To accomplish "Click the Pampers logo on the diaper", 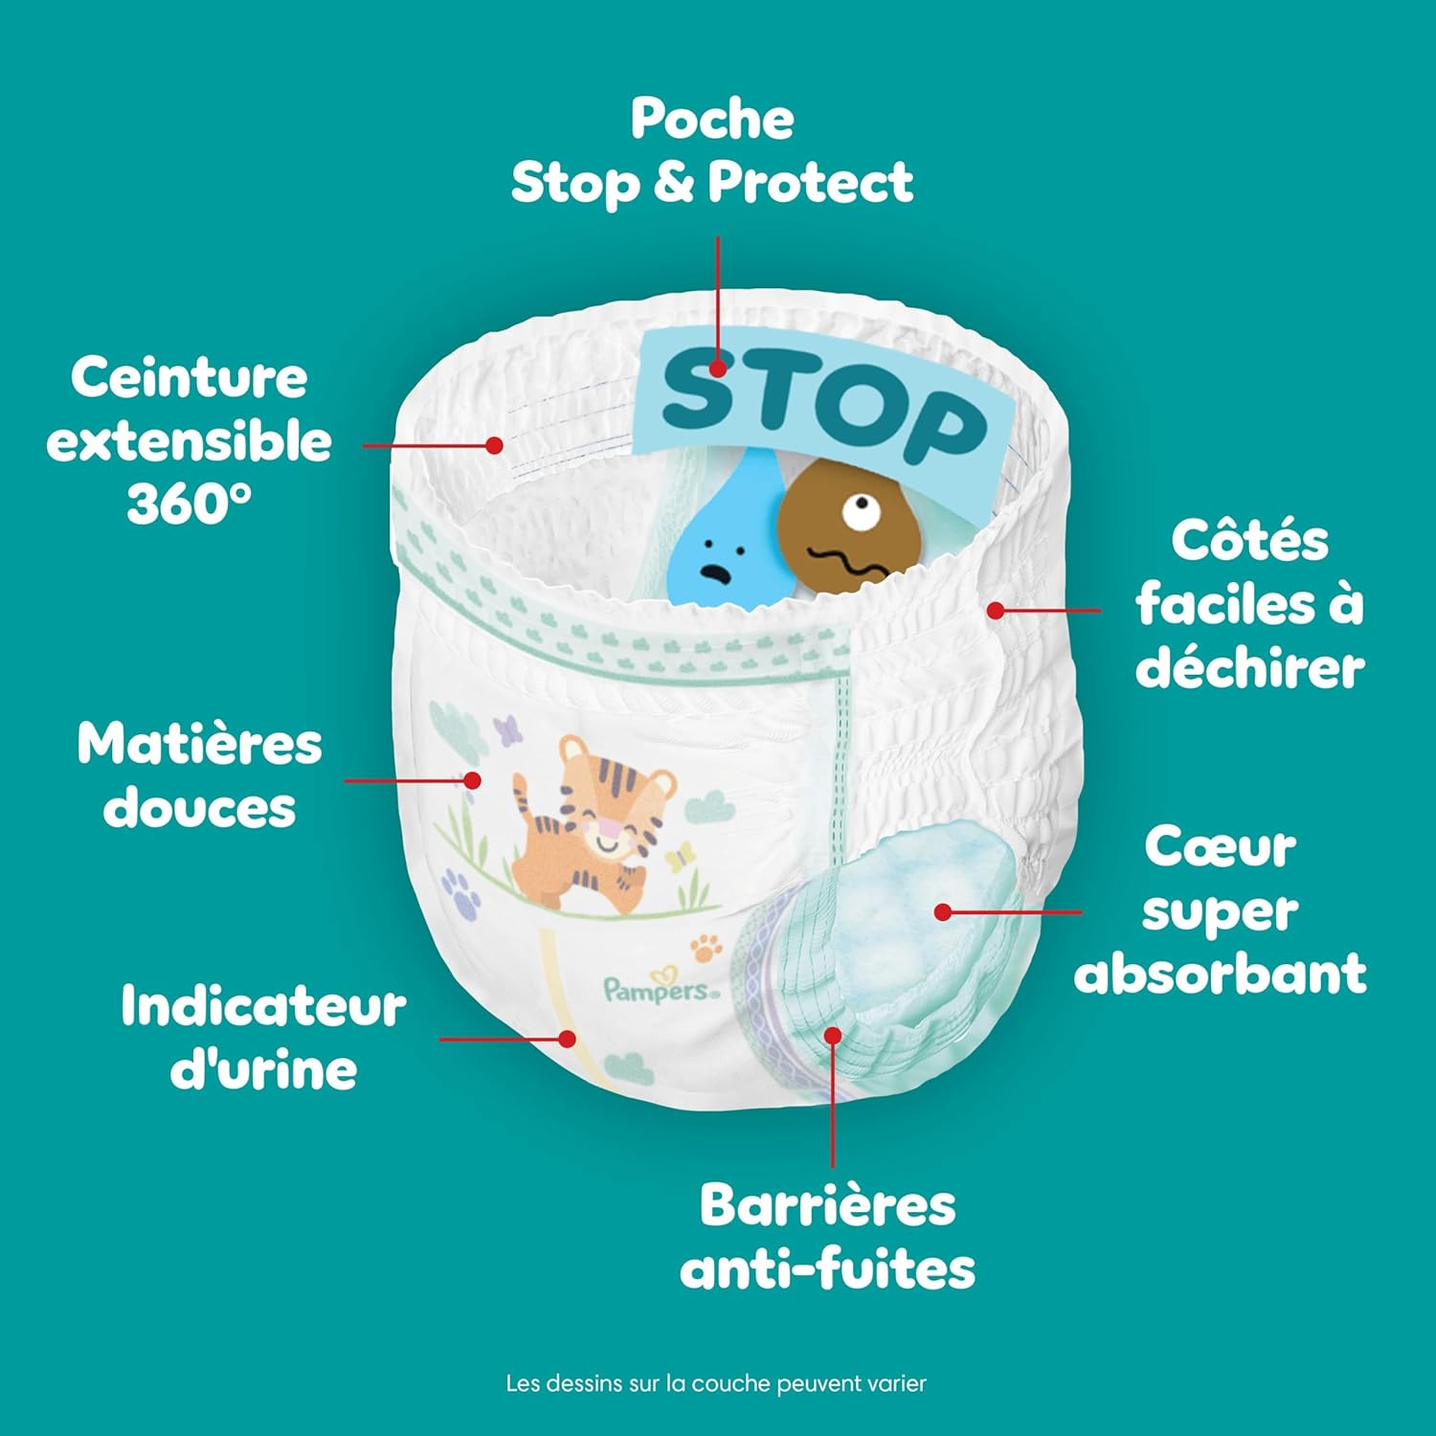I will click(x=659, y=990).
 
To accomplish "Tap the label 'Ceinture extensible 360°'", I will click(x=190, y=440).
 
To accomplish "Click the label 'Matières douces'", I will click(x=199, y=775).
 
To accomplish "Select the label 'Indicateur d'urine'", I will click(x=263, y=1038).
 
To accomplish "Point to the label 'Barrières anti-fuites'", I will click(x=827, y=1236).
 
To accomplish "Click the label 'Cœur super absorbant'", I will click(x=1220, y=911).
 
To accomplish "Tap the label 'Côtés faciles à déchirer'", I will click(x=1249, y=604).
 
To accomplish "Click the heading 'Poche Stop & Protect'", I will click(x=712, y=151).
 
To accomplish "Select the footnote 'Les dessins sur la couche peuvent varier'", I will click(x=716, y=1383).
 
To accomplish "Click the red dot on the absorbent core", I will click(x=943, y=912).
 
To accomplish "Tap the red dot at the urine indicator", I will click(x=568, y=1039).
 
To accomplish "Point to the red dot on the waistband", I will click(x=494, y=445).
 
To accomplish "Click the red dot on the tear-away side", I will click(x=996, y=610).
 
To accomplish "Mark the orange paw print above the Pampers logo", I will click(x=706, y=948).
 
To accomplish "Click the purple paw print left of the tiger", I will click(x=460, y=890).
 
